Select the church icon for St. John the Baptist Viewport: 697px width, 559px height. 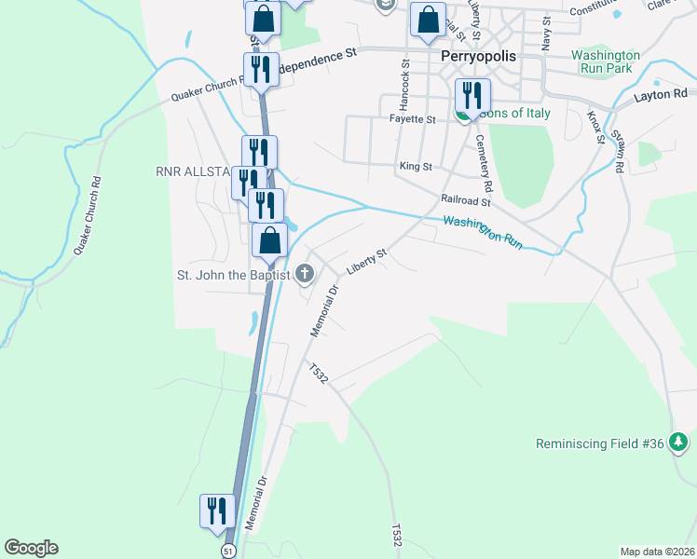(304, 273)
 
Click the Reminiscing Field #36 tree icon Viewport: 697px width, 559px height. (680, 443)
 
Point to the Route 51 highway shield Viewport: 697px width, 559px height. (228, 551)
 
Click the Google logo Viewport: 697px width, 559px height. (31, 548)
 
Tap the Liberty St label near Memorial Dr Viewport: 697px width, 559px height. (366, 261)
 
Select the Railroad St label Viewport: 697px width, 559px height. (465, 200)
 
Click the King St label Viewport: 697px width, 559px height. (416, 167)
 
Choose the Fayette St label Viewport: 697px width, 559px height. (413, 119)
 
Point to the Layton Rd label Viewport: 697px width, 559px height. (660, 94)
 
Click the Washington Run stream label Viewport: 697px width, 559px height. (483, 231)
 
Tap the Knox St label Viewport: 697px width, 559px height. (594, 128)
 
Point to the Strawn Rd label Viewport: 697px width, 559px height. (618, 151)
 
